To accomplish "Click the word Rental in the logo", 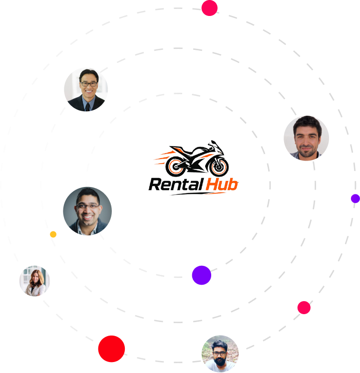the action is tap(176, 185).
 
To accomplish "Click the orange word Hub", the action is tap(222, 185).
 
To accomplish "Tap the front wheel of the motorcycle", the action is tap(219, 167).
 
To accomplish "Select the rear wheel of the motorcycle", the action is tap(176, 167).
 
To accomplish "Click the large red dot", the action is tap(111, 349).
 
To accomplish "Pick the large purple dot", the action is tap(202, 275).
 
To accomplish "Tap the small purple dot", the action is tap(355, 198).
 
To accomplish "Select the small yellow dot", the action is tap(53, 234).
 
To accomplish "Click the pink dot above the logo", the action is tap(209, 8).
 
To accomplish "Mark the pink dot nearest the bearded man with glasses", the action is tap(304, 308).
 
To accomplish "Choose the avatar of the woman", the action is tap(34, 281).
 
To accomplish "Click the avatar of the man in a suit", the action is tap(86, 90).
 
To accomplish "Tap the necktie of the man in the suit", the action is tap(88, 107).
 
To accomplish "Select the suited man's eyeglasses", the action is tap(89, 84).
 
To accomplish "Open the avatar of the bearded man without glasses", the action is tap(307, 138).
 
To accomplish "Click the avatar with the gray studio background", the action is tap(87, 211).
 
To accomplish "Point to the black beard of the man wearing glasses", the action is tap(219, 361).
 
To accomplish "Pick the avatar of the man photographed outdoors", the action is tap(220, 354).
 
